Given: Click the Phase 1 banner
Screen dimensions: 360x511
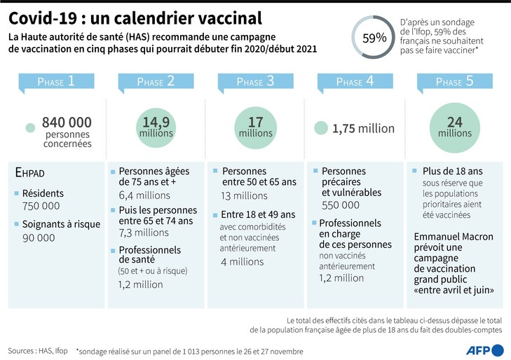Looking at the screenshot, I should pos(57,82).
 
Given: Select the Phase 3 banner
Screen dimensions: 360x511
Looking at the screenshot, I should pos(255,82).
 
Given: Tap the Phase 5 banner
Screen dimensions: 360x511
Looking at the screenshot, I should pos(454,82).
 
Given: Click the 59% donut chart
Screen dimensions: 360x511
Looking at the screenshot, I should pos(374,38).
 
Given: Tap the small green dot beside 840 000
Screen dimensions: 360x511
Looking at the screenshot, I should pos(29,128).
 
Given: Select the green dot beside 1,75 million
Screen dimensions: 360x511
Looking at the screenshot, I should pos(320,128).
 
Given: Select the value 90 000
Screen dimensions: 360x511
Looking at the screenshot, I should pos(39,237).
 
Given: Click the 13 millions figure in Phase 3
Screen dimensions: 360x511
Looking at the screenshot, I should pos(245,195).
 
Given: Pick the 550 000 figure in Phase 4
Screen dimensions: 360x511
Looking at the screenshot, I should pos(341,205).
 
